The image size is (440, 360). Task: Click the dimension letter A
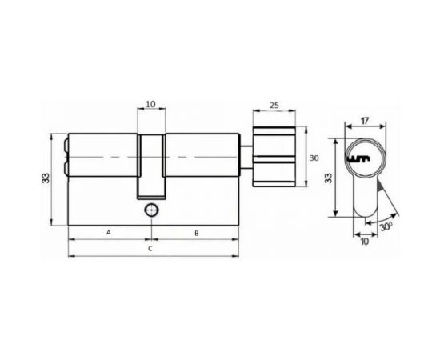[109, 232]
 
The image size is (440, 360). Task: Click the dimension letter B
[196, 232]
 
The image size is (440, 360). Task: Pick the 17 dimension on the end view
[364, 122]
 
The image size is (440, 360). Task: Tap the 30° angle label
[387, 226]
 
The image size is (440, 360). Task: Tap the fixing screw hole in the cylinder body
[150, 210]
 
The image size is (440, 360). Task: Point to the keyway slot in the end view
[365, 158]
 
